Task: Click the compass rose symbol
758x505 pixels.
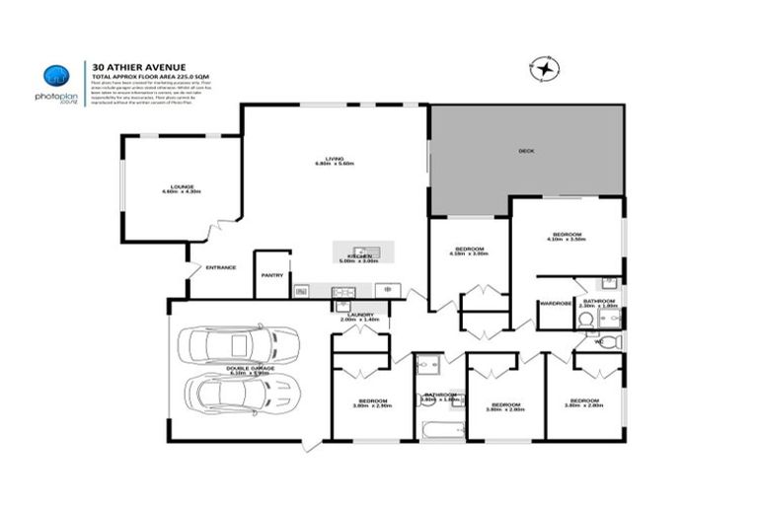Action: point(542,70)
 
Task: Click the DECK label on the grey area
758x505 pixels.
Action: point(526,151)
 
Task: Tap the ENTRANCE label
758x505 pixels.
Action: point(220,267)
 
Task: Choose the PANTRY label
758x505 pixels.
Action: point(272,275)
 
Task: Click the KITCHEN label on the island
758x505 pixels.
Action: point(358,256)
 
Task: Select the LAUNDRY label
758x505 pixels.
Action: point(359,316)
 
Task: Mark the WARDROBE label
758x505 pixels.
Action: point(556,303)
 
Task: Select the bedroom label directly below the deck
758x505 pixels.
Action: point(469,250)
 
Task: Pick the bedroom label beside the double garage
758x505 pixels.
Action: point(372,401)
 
